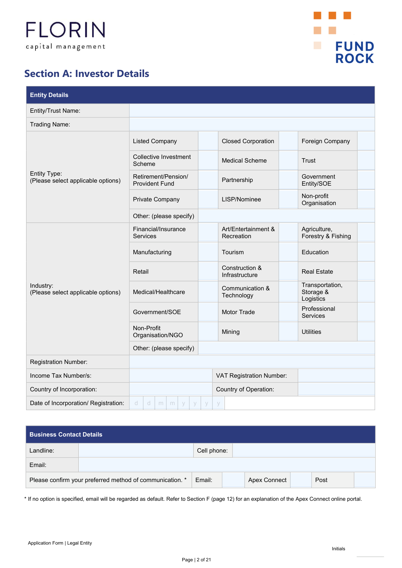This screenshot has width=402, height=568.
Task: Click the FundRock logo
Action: click(x=344, y=37)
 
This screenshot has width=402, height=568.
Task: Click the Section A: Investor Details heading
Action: click(x=87, y=74)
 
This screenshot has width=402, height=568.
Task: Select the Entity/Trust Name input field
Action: click(x=252, y=110)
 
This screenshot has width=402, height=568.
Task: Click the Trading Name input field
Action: click(x=252, y=124)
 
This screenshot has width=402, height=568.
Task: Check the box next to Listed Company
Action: click(x=208, y=141)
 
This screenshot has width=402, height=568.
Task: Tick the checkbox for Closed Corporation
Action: click(x=288, y=141)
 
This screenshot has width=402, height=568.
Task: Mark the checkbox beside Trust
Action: click(x=366, y=160)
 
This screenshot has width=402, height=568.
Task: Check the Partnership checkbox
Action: click(x=288, y=180)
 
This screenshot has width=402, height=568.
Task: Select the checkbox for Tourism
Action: click(x=288, y=252)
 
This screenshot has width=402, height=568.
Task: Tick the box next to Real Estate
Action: click(x=366, y=271)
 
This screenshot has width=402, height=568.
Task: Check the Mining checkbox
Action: click(x=288, y=332)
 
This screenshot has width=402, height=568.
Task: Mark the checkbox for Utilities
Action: click(x=366, y=332)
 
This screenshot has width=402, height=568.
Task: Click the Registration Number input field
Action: click(x=252, y=362)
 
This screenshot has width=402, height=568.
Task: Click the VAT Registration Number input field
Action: click(x=336, y=375)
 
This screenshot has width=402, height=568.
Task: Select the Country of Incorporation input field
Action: click(x=171, y=389)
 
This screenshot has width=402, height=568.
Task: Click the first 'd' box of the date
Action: click(x=136, y=403)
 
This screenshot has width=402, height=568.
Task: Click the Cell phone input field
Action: click(x=304, y=450)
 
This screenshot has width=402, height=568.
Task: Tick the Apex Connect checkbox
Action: click(x=301, y=480)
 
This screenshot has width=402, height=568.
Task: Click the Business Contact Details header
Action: click(x=66, y=434)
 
